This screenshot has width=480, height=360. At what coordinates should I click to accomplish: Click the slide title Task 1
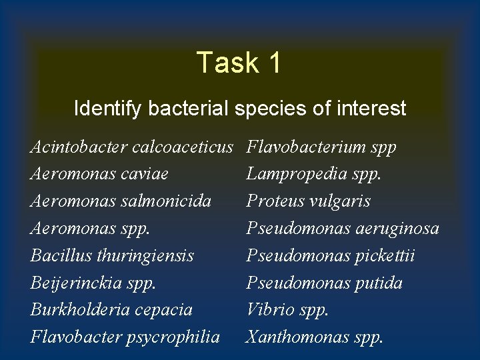click(x=239, y=63)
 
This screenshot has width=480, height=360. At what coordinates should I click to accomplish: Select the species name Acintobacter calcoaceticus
click(x=131, y=147)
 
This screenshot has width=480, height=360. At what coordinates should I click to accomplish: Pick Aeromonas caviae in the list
click(x=99, y=174)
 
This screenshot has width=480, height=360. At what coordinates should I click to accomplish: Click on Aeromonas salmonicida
click(x=121, y=201)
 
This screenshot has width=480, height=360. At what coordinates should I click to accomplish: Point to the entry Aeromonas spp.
click(x=90, y=229)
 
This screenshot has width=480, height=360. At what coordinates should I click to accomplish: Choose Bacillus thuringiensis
click(x=112, y=255)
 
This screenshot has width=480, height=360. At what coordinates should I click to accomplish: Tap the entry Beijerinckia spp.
click(x=93, y=283)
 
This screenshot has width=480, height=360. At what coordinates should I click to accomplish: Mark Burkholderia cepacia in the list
click(x=111, y=309)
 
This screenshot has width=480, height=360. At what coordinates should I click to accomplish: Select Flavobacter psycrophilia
click(x=125, y=337)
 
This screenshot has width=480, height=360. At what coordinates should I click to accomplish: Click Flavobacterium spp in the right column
click(x=321, y=147)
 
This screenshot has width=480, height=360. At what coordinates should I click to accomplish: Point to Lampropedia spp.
click(x=314, y=174)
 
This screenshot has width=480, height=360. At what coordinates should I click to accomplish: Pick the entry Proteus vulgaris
click(x=308, y=201)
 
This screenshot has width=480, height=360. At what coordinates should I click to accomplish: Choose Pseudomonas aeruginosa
click(x=343, y=229)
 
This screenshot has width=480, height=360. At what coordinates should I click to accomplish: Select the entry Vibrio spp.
click(x=287, y=309)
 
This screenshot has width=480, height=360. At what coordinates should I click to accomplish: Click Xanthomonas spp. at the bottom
click(x=315, y=337)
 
